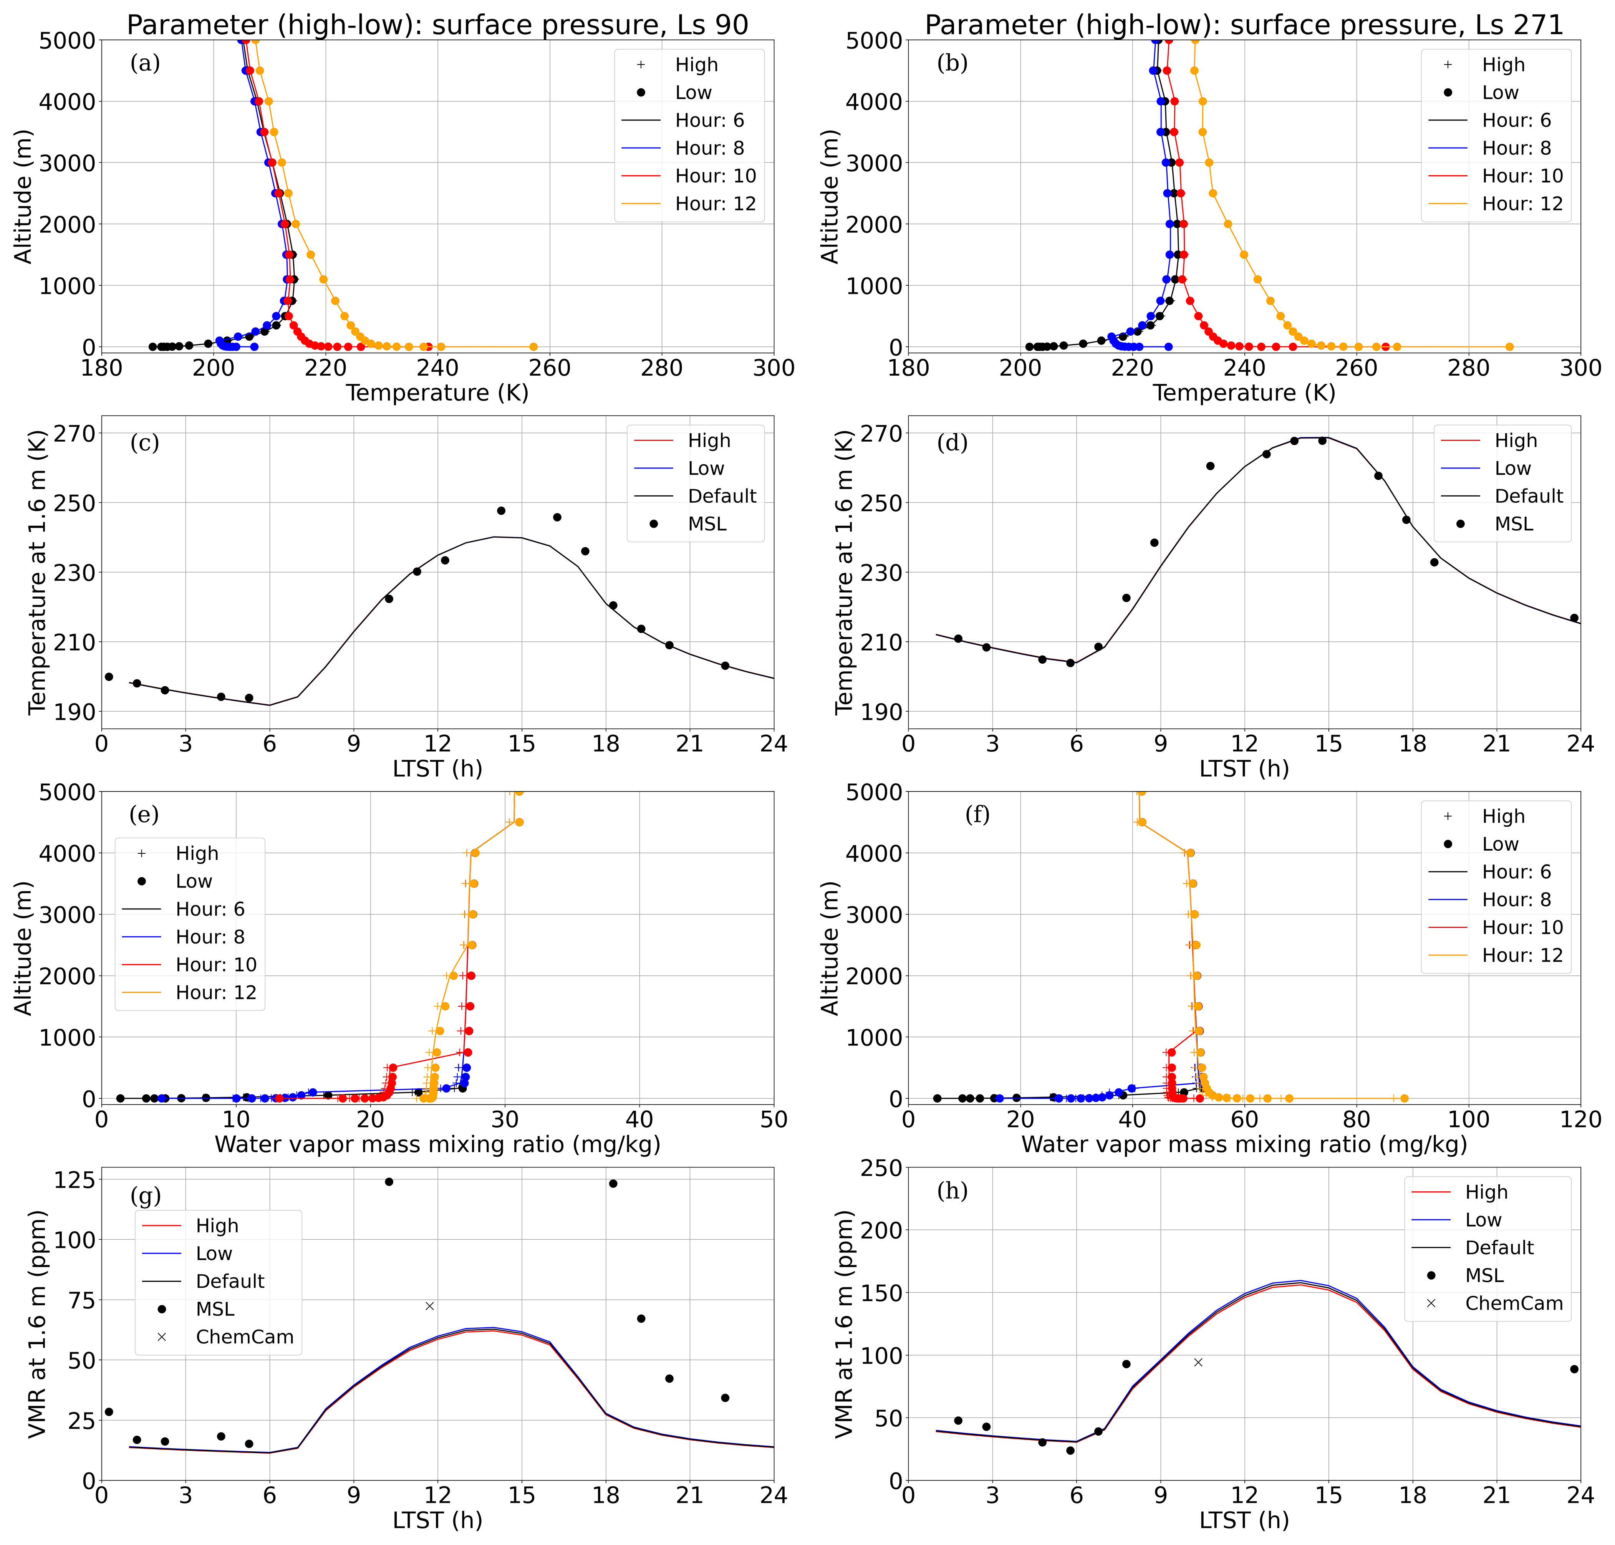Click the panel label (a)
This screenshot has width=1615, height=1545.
point(145,63)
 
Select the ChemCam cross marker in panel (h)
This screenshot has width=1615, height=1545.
point(1198,1362)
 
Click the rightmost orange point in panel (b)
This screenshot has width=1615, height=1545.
point(1509,347)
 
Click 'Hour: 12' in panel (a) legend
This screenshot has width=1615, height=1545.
point(715,204)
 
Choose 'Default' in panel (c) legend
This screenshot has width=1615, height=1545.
point(721,496)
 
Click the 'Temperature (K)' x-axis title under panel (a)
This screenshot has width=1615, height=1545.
point(437,393)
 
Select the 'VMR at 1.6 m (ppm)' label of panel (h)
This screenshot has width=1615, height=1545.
point(844,1324)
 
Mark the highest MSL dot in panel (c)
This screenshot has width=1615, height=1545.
point(501,511)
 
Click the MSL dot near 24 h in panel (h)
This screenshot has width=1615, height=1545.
point(1574,1369)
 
